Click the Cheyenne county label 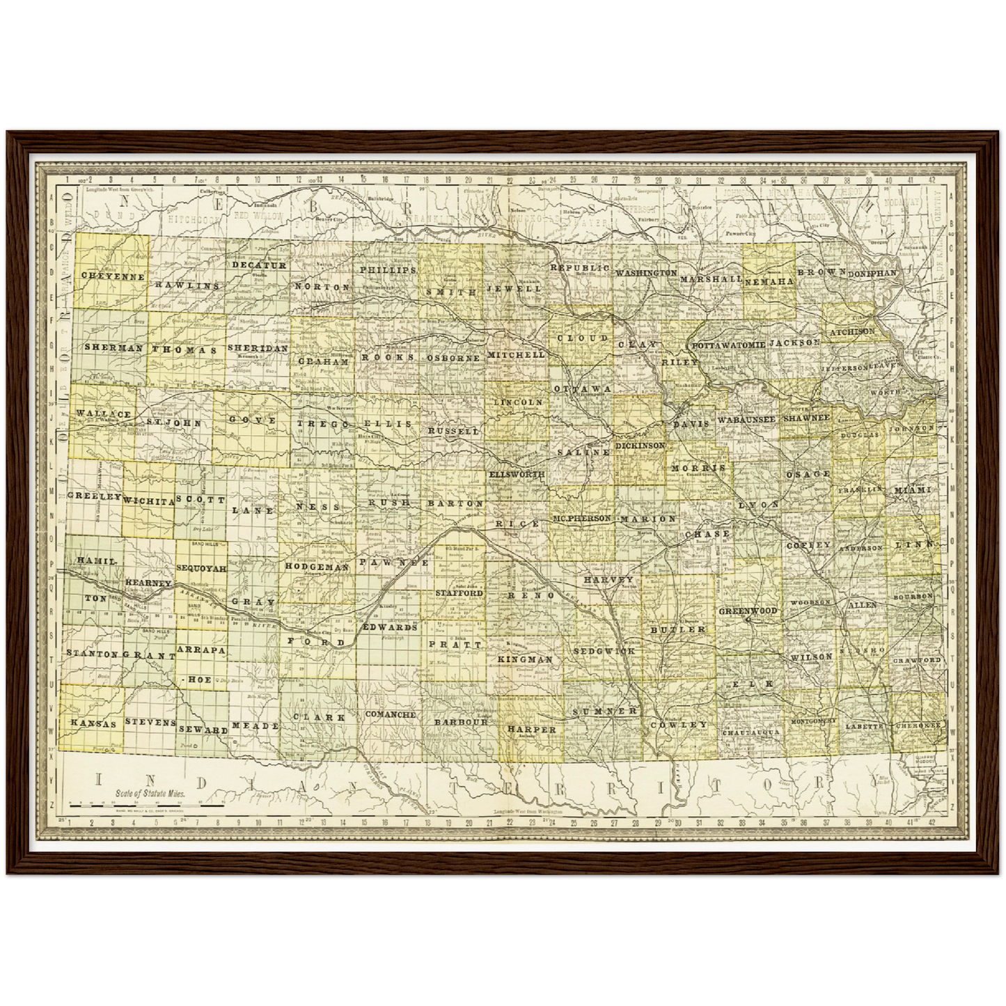[x=113, y=276]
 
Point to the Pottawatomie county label [x=728, y=345]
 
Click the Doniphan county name [x=872, y=274]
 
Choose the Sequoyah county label [x=201, y=568]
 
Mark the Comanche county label [x=391, y=714]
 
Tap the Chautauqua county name [x=750, y=732]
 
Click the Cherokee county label [x=918, y=725]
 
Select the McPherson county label [x=582, y=519]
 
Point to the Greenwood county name [x=748, y=611]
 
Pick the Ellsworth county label [x=517, y=474]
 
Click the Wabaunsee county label [x=746, y=420]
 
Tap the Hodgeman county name [x=316, y=567]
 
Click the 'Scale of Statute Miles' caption [x=150, y=793]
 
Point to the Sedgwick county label [x=604, y=651]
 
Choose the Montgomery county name [x=812, y=722]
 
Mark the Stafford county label [x=459, y=593]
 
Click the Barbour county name [x=461, y=722]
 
